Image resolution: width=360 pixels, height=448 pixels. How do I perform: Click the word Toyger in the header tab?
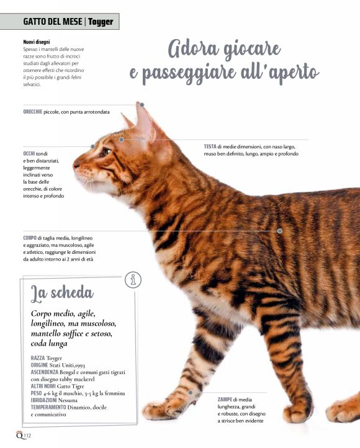pos(101,22)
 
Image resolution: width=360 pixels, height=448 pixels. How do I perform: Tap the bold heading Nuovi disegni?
pos(37,42)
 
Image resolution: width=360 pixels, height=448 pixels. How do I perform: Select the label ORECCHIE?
pos(32,112)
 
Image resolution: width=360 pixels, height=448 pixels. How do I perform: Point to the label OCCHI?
pos(29,153)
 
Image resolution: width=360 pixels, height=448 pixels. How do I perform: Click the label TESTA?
pos(210,146)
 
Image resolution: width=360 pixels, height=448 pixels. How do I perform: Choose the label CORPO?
pos(30,238)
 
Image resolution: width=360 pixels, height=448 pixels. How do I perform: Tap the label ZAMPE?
pos(225,400)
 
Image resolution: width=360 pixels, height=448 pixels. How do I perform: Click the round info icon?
pos(133,280)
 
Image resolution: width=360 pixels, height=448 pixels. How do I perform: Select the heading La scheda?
pos(62,293)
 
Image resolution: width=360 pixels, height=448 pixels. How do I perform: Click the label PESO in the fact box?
pos(36,393)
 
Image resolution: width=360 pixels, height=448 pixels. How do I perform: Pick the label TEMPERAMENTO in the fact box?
pos(48,407)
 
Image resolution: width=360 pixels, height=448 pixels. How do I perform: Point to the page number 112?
pos(27,436)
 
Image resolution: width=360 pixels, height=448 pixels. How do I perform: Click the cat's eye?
pos(106,151)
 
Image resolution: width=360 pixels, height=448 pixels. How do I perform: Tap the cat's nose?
pos(76,165)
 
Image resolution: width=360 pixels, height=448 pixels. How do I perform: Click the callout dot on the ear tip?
pos(142,105)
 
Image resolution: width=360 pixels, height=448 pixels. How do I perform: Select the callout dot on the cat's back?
pos(280,231)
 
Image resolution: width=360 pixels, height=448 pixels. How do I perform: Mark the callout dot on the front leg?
pos(191,393)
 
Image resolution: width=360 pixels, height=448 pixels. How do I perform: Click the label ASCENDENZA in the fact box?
pos(44,372)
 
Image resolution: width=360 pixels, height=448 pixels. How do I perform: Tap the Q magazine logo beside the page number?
pos(19,435)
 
